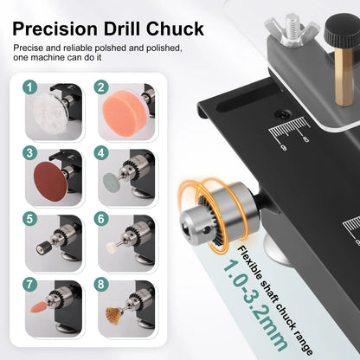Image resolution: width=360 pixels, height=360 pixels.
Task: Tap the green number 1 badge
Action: [30, 87]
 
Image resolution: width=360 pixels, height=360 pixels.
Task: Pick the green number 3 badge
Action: [30, 153]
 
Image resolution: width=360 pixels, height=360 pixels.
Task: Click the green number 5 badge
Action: [30, 219]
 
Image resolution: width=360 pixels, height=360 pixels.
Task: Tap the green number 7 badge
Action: [30, 285]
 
